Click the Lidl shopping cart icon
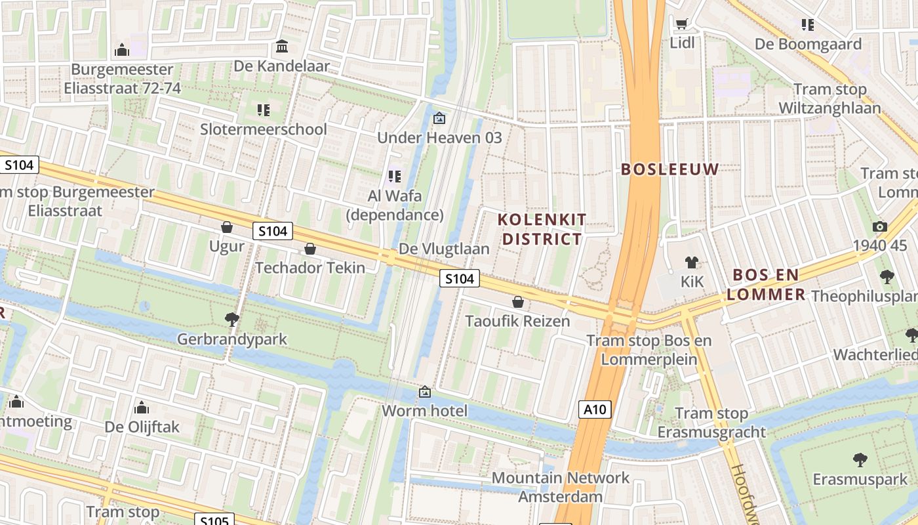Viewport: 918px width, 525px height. (681, 24)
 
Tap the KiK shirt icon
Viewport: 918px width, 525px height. (691, 262)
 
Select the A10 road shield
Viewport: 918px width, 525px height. (595, 410)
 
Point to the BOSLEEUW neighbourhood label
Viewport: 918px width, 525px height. (669, 169)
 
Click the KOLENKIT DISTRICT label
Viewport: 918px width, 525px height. (542, 229)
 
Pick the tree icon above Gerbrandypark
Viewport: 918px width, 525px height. (231, 320)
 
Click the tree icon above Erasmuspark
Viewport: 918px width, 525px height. (860, 459)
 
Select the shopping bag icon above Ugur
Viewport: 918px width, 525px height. (227, 227)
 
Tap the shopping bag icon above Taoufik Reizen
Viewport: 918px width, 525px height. (517, 302)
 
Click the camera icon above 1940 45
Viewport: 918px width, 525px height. (879, 227)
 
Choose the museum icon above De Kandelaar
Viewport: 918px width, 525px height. (282, 47)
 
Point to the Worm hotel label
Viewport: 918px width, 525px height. (425, 411)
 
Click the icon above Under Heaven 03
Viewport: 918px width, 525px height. (439, 119)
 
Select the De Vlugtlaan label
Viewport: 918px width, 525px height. (444, 249)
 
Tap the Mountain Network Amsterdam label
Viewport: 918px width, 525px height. (560, 487)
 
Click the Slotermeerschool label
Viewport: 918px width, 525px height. (264, 129)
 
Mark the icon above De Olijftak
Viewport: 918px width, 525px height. (141, 408)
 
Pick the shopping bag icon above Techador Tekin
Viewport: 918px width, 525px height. (309, 249)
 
